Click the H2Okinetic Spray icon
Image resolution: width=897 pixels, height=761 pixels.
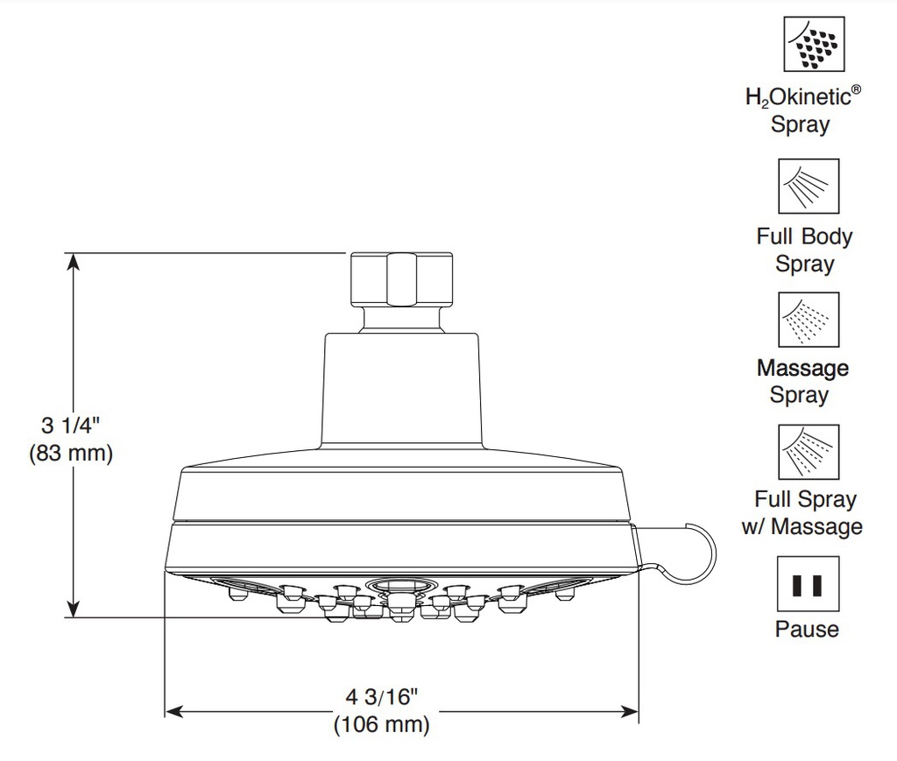point(814,44)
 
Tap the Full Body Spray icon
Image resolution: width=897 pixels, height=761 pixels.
point(809,187)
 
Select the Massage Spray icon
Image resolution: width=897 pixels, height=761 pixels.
point(809,320)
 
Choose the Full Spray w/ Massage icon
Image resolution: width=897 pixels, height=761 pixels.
point(809,452)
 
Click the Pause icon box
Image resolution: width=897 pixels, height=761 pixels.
point(808,584)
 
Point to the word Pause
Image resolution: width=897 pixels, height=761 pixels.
point(807,629)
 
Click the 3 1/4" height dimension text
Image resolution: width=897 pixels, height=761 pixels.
point(70,426)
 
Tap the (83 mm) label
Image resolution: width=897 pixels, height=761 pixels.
point(71,453)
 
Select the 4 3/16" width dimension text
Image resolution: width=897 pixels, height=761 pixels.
point(382,697)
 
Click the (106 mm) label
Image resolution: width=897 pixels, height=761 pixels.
point(382,724)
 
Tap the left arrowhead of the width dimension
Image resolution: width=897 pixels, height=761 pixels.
point(173,712)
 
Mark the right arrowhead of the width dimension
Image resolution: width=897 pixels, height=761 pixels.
point(630,712)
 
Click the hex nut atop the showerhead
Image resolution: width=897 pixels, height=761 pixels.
point(401,280)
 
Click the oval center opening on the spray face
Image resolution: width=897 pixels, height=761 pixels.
point(401,586)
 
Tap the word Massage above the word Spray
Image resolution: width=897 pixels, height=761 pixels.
point(802,369)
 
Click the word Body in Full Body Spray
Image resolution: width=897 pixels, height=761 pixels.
point(827,236)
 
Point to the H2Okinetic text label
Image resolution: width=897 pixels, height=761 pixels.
point(802,96)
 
